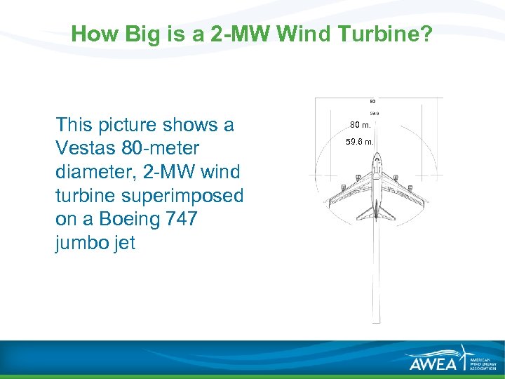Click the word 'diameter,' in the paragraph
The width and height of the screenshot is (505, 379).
coord(90,172)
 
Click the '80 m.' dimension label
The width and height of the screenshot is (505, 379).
coord(361,126)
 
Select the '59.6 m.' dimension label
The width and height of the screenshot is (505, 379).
coord(361,142)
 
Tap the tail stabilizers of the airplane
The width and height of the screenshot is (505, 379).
coord(377,213)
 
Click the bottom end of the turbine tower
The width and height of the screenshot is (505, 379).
coord(377,321)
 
